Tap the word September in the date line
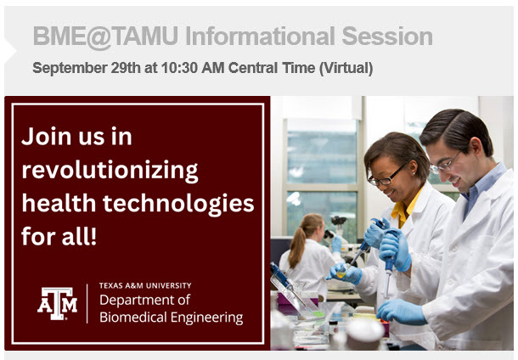click(70, 68)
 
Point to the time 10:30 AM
click(180, 68)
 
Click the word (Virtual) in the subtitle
click(345, 68)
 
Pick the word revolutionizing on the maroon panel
click(110, 171)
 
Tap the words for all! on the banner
click(59, 237)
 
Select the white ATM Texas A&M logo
click(57, 303)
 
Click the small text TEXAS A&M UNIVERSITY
click(145, 285)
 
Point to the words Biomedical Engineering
click(171, 318)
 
